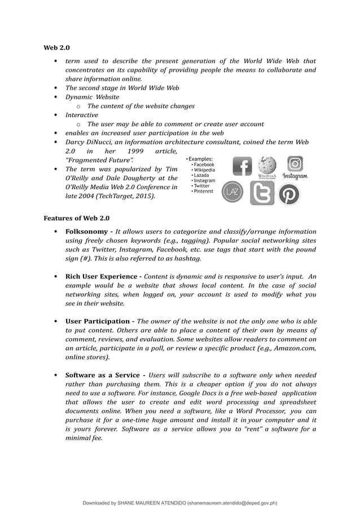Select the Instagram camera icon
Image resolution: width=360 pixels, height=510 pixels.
(295, 164)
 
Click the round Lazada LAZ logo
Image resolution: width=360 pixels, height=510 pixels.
(232, 192)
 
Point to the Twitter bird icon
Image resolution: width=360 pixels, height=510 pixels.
(262, 193)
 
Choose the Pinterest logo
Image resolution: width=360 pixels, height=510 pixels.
(289, 194)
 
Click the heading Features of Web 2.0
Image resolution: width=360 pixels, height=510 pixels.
(76, 218)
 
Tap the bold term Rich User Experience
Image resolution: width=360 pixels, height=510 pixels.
(102, 277)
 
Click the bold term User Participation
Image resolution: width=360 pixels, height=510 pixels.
(99, 321)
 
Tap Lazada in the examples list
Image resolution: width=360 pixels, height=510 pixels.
(201, 175)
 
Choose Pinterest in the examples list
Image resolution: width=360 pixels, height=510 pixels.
(203, 191)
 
